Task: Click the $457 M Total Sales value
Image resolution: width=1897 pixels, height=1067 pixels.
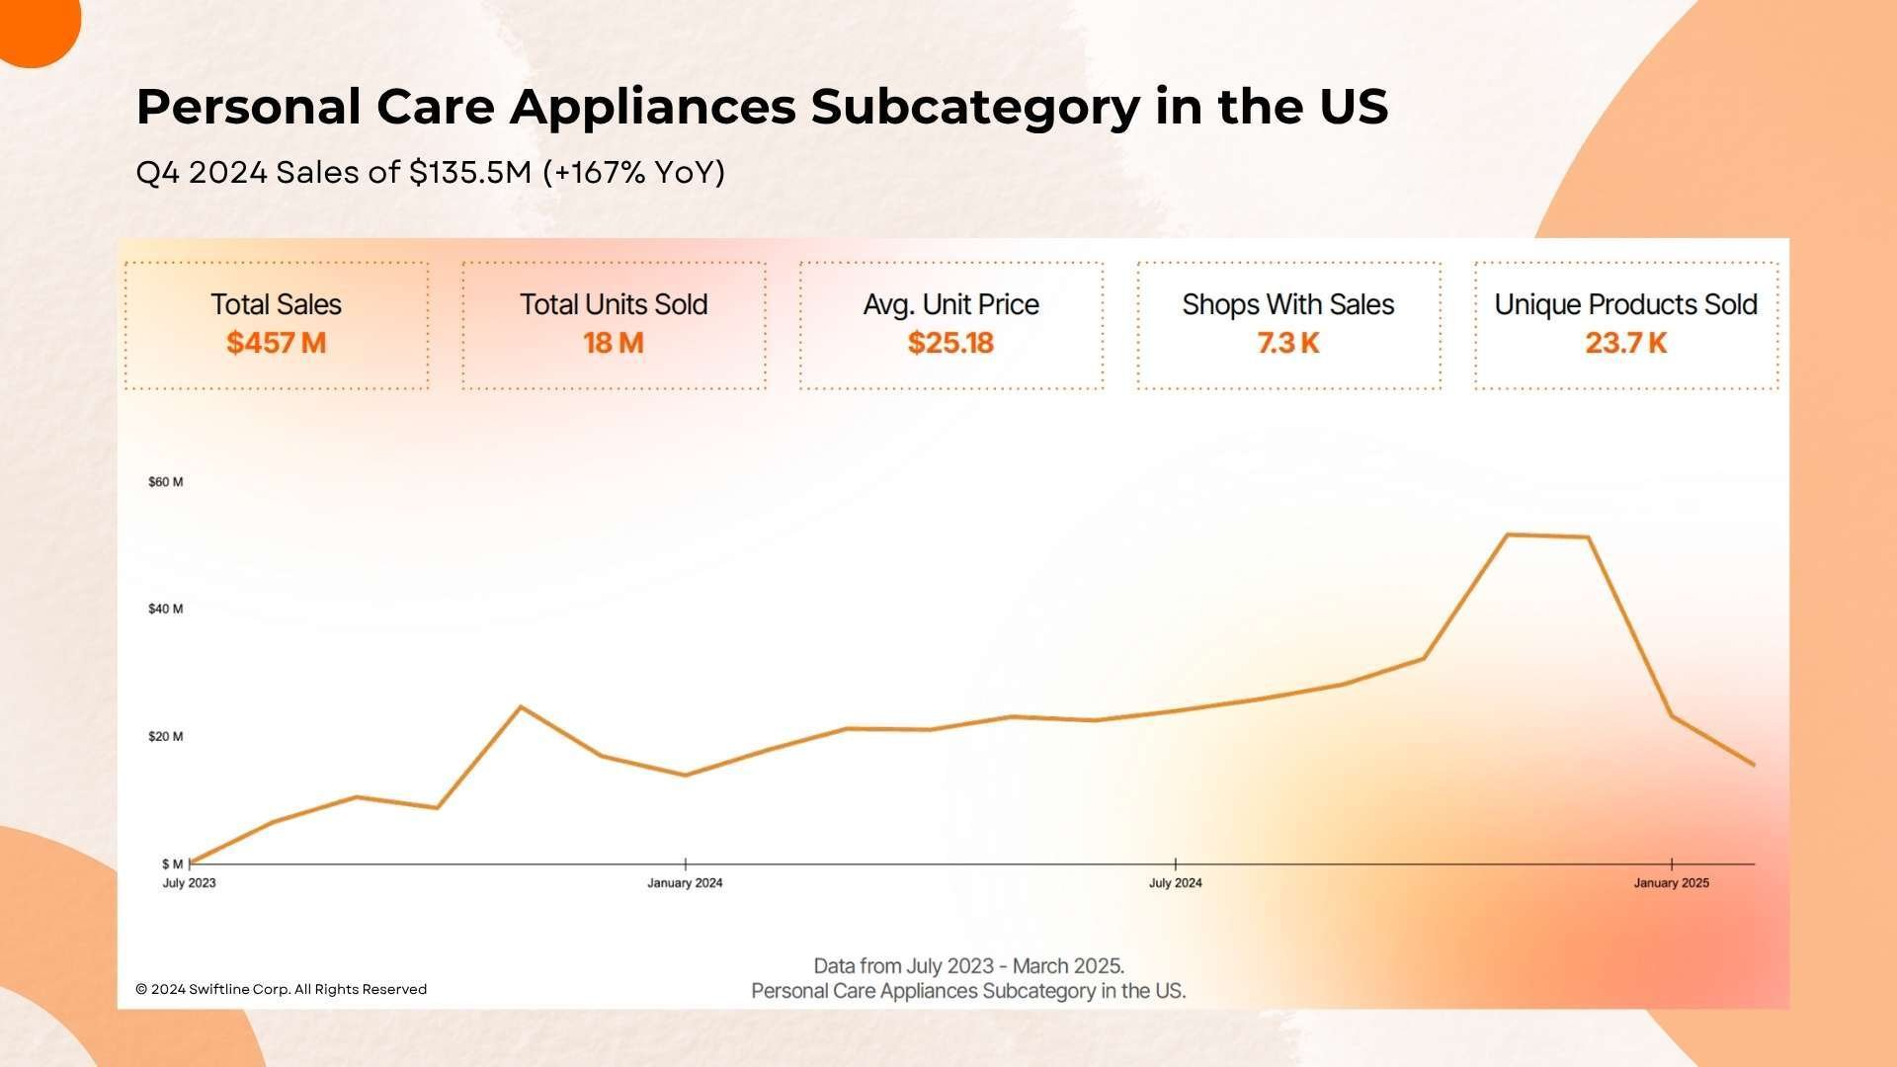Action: pyautogui.click(x=276, y=343)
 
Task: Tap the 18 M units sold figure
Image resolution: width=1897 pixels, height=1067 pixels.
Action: pyautogui.click(x=614, y=343)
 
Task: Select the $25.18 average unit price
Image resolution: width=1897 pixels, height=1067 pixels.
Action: pyautogui.click(x=950, y=343)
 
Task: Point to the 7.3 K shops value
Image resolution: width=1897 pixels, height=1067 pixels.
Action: pyautogui.click(x=1288, y=343)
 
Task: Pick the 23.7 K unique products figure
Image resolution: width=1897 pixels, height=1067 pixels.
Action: pyautogui.click(x=1626, y=343)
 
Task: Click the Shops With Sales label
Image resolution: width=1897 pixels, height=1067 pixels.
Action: pyautogui.click(x=1288, y=304)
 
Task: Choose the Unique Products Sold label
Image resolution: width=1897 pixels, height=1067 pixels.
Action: pyautogui.click(x=1626, y=304)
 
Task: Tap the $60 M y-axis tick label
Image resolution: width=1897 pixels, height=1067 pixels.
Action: pyautogui.click(x=165, y=482)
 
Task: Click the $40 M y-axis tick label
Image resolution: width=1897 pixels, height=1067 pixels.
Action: pyautogui.click(x=165, y=609)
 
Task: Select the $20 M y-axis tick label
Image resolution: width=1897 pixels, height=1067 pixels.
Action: pyautogui.click(x=165, y=736)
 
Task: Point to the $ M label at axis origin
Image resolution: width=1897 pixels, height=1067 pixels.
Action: pyautogui.click(x=172, y=864)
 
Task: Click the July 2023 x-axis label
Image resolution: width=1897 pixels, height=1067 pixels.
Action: pyautogui.click(x=189, y=883)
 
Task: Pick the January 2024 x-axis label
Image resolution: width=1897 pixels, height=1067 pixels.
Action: pyautogui.click(x=685, y=883)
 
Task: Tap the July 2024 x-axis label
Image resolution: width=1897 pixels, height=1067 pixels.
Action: pyautogui.click(x=1175, y=883)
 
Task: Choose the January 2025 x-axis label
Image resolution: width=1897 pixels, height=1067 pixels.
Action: pyautogui.click(x=1671, y=883)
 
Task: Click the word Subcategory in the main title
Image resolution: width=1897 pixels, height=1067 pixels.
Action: pyautogui.click(x=975, y=107)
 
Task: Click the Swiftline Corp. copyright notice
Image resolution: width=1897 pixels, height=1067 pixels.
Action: pyautogui.click(x=282, y=989)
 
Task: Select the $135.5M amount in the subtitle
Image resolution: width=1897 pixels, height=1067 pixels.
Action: pyautogui.click(x=471, y=173)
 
